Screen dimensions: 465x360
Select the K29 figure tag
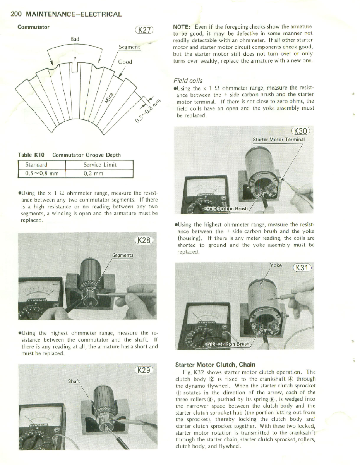(144, 369)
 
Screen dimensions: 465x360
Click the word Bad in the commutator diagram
(75, 39)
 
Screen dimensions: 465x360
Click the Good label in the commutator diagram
(125, 62)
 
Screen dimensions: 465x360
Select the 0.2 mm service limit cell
(93, 173)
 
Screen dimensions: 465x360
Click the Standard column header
(36, 165)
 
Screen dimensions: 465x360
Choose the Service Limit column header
(100, 165)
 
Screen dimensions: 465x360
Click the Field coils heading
(188, 81)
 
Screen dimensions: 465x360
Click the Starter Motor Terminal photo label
(279, 139)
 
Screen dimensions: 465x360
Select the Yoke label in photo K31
(276, 265)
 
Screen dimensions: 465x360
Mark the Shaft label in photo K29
(74, 381)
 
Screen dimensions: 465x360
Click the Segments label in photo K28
(122, 255)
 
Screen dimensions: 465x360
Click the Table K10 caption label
(33, 155)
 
